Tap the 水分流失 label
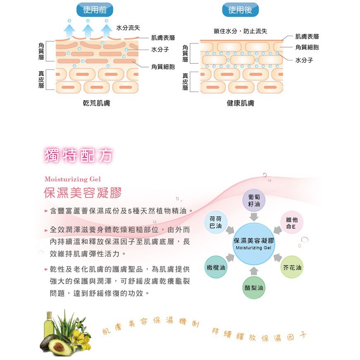[128, 28]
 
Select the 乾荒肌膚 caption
[96, 103]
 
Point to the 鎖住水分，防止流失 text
[240, 31]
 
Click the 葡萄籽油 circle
[254, 201]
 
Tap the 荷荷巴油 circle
[216, 222]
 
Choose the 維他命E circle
[292, 223]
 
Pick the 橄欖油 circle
[216, 267]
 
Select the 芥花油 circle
[292, 267]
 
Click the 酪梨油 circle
[254, 288]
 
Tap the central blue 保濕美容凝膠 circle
[254, 244]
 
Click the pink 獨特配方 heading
[78, 155]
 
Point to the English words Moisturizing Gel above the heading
[72, 179]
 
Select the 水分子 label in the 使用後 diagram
[304, 60]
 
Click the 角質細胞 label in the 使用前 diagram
[163, 66]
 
